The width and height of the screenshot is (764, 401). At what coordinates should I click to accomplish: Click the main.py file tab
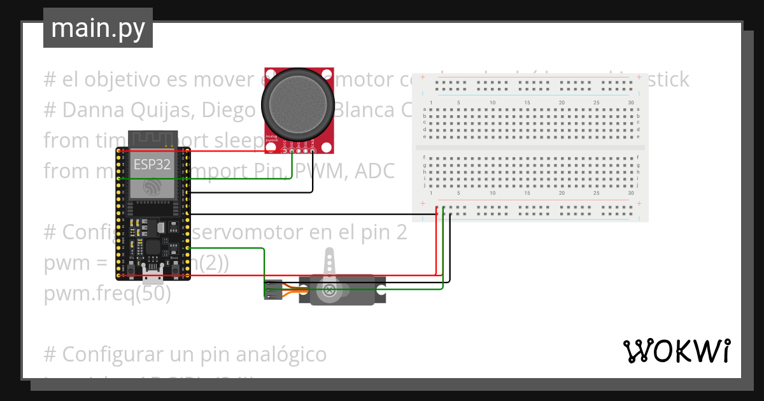coord(97,28)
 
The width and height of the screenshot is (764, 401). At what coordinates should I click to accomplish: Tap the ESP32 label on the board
coord(152,164)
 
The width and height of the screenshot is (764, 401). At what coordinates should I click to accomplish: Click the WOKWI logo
coord(676,351)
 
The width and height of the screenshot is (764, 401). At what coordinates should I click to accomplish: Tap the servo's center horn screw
coord(329,291)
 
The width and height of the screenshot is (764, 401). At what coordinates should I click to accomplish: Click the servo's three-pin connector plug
coord(272,290)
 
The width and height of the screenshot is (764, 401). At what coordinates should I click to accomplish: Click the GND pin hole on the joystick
coord(313,150)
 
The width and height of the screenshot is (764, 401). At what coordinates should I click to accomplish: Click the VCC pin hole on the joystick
coord(284,150)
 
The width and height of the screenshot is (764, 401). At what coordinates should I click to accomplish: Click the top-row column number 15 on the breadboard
coord(527,103)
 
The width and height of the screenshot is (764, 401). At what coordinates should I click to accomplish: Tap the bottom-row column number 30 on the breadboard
coord(630,193)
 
